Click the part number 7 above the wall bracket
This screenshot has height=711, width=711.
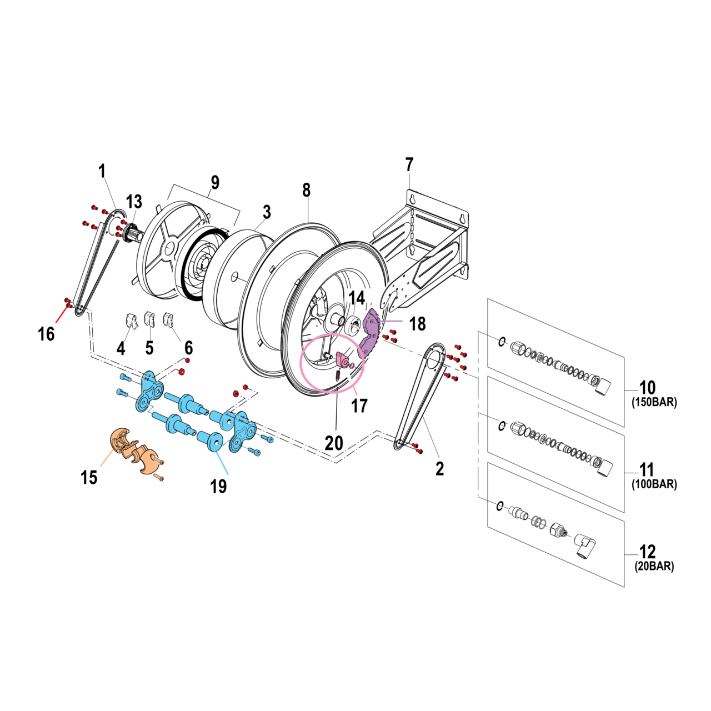coord(409,165)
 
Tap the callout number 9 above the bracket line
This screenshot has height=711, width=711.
coord(215,182)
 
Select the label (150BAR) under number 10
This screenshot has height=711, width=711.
coord(654,403)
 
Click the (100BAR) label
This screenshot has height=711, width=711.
coord(654,484)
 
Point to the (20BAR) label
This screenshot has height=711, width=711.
coord(654,567)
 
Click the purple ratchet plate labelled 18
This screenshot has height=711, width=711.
coord(371,333)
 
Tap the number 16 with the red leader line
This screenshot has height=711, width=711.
coord(46,334)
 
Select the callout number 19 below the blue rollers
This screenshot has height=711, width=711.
coord(218,487)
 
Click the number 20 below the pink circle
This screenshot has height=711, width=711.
coord(334,443)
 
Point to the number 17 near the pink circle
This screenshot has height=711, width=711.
coord(359,406)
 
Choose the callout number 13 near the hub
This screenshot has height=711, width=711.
coord(134,202)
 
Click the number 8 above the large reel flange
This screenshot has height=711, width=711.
coord(307,190)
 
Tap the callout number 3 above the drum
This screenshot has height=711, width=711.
coord(267,212)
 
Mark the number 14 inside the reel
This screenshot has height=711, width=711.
coord(357,298)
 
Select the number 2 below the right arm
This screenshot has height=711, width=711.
coord(440,469)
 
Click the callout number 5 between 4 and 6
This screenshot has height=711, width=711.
coord(149,348)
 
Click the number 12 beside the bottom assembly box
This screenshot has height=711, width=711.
coord(648,552)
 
